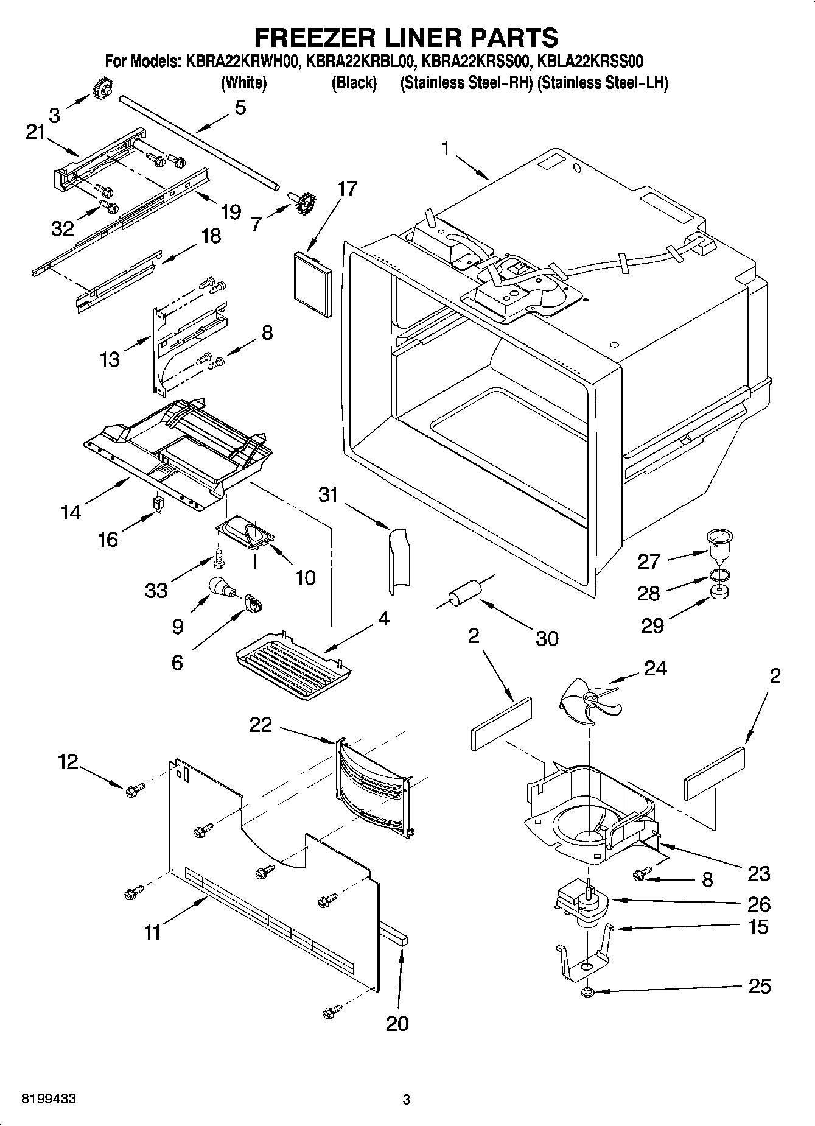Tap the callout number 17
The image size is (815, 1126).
pyautogui.click(x=347, y=189)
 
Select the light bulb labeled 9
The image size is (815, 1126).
pyautogui.click(x=221, y=586)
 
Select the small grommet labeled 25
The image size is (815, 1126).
pyautogui.click(x=588, y=993)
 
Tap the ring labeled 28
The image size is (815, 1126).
pyautogui.click(x=719, y=575)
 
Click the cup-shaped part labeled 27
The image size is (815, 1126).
pyautogui.click(x=719, y=543)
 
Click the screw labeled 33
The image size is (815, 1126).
pyautogui.click(x=219, y=555)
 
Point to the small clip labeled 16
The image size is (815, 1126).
pyautogui.click(x=158, y=503)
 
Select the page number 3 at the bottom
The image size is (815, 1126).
pyautogui.click(x=407, y=1100)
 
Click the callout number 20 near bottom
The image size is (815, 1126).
pyautogui.click(x=397, y=1024)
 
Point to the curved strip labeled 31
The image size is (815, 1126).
pyautogui.click(x=399, y=560)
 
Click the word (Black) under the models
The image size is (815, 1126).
pyautogui.click(x=354, y=82)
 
